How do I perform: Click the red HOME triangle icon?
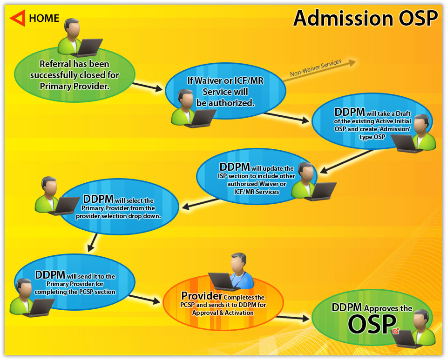pyautogui.click(x=18, y=18)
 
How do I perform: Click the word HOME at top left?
pyautogui.click(x=44, y=18)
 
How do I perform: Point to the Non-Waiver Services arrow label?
pyautogui.click(x=316, y=68)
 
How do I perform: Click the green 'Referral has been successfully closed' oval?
pyautogui.click(x=74, y=74)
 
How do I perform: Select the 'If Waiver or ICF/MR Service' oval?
pyautogui.click(x=225, y=91)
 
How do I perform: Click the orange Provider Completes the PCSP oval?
pyautogui.click(x=223, y=302)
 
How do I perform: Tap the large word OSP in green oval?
pyautogui.click(x=372, y=324)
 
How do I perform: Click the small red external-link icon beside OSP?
pyautogui.click(x=396, y=331)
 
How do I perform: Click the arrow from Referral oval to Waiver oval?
pyautogui.click(x=148, y=87)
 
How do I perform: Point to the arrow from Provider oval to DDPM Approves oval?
pyautogui.click(x=293, y=318)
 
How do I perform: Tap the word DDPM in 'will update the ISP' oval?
pyautogui.click(x=234, y=167)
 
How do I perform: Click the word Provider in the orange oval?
pyautogui.click(x=202, y=296)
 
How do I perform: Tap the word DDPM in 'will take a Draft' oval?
pyautogui.click(x=350, y=112)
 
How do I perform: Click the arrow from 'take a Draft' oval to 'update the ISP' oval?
pyautogui.click(x=347, y=161)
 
